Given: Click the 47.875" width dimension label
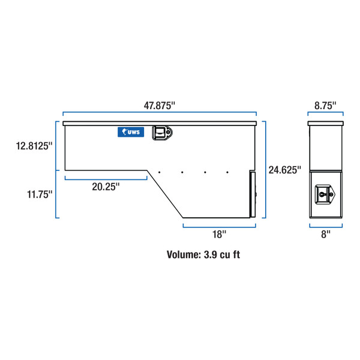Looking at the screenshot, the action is (x=160, y=106).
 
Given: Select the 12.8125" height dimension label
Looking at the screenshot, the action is (x=34, y=146).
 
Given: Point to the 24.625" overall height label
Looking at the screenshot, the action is (x=284, y=170).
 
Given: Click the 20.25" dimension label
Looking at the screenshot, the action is (x=106, y=187).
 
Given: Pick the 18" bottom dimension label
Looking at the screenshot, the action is (x=219, y=235).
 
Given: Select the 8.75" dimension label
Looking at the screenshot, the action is (x=325, y=106).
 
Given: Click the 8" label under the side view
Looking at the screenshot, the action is (x=326, y=235).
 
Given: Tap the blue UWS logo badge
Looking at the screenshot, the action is (x=131, y=132).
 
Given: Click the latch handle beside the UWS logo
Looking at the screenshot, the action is (x=162, y=133).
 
